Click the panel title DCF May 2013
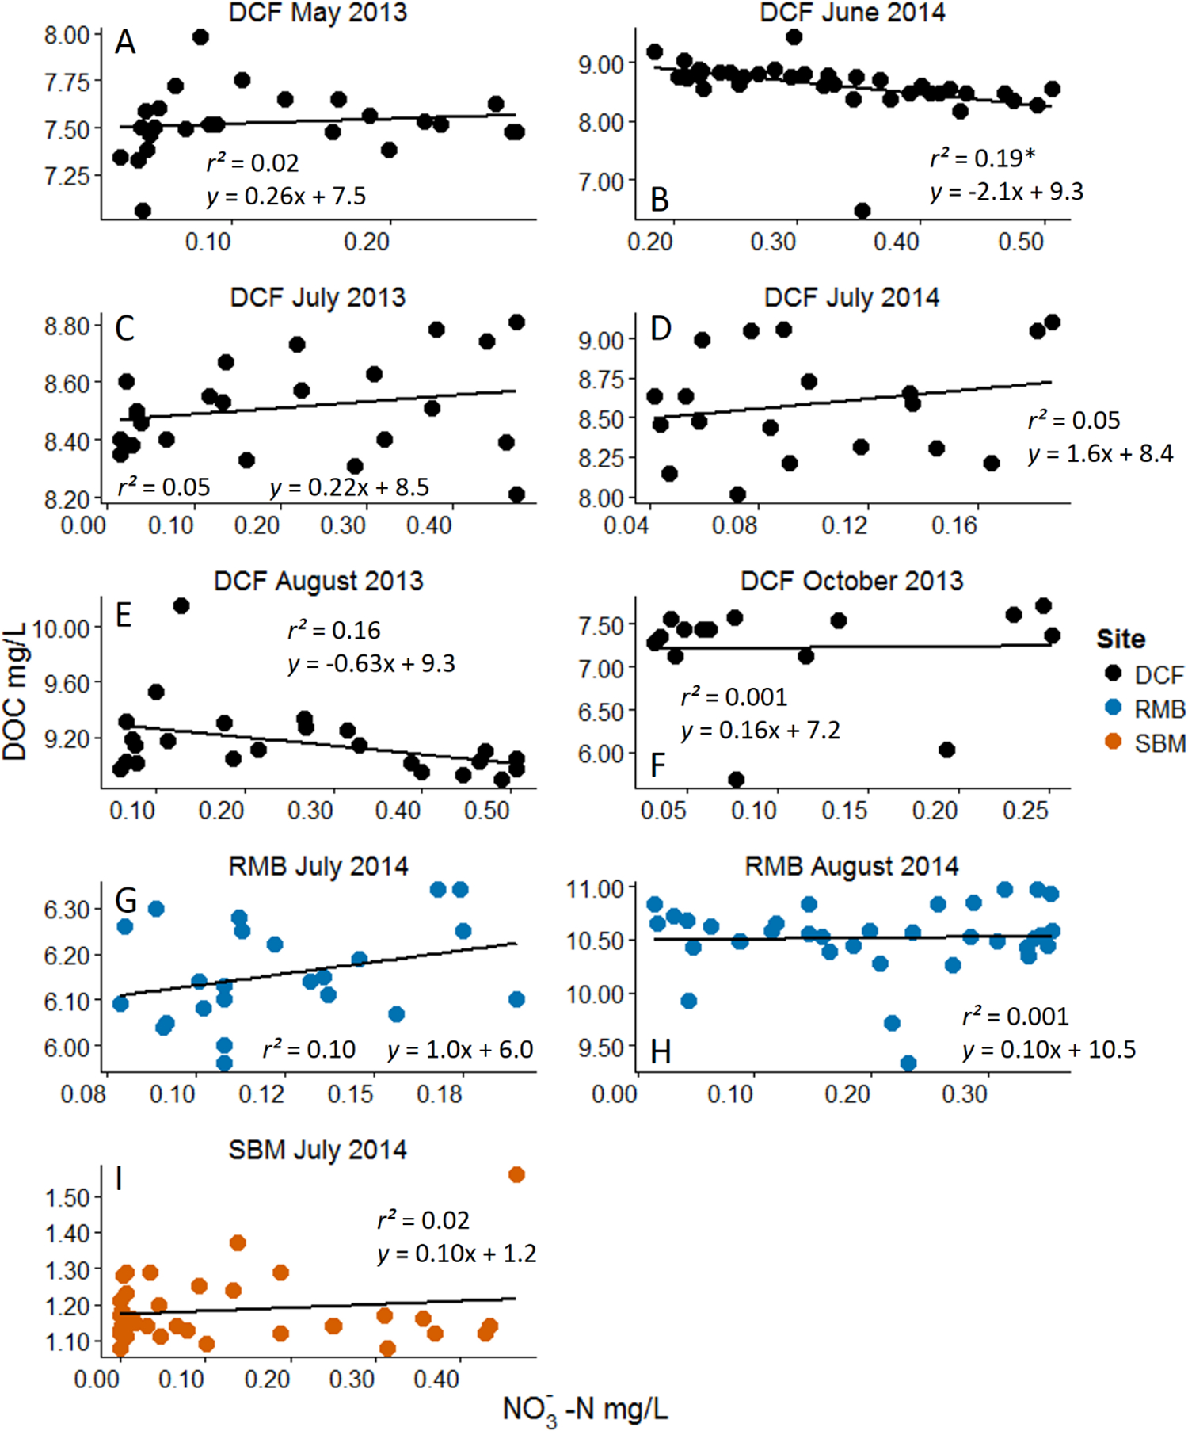pos(318,13)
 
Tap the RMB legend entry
pos(1159,709)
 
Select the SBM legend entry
pos(1159,743)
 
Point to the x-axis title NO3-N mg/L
pos(585,1409)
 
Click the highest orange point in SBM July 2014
pos(516,1174)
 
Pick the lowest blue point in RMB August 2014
pos(908,1063)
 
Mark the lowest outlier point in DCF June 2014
pos(862,211)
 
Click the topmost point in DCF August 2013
pos(181,606)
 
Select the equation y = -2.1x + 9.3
pos(1007,192)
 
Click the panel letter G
pos(126,901)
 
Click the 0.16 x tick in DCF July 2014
pos(954,525)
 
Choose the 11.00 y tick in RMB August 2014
pos(596,889)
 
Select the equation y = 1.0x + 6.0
pos(460,1050)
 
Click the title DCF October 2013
pos(851,581)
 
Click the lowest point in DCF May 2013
pos(143,211)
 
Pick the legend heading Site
pos(1120,639)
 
